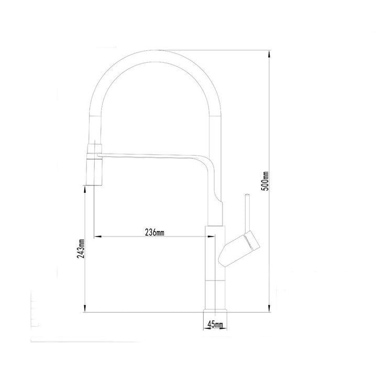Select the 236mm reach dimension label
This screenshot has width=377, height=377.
tap(154, 232)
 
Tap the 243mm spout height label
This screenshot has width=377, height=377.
tap(81, 249)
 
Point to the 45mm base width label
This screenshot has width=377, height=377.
tap(215, 324)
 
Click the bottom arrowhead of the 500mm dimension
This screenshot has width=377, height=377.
tap(269, 308)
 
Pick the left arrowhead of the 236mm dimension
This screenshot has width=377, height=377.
tap(98, 237)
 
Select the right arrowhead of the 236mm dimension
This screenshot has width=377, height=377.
tap(211, 237)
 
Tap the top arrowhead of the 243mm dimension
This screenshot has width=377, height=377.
tap(85, 190)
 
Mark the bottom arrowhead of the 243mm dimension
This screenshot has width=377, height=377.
tap(85, 308)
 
